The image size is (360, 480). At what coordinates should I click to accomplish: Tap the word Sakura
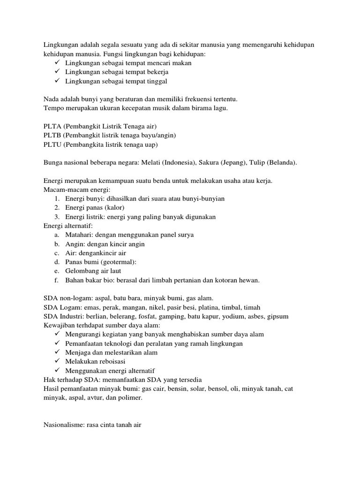[x=210, y=163]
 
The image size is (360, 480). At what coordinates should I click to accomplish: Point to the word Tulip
[x=260, y=163]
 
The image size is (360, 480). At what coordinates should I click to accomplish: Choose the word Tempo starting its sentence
[x=53, y=108]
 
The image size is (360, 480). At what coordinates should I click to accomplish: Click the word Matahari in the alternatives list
[x=79, y=235]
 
